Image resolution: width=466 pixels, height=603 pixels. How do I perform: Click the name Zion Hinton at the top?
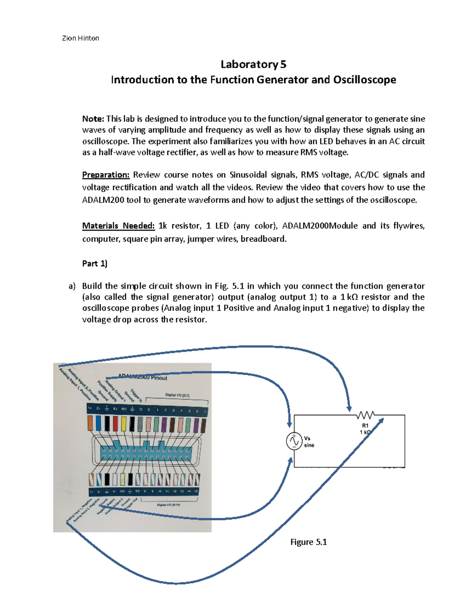(x=80, y=38)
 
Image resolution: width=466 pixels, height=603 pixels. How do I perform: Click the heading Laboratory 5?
(x=253, y=64)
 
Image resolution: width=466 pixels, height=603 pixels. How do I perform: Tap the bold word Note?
(x=93, y=119)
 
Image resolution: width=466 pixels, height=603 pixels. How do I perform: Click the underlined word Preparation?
(x=106, y=175)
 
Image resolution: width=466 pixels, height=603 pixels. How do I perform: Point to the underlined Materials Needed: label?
(x=118, y=226)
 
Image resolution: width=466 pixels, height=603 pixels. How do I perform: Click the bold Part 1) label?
(x=94, y=263)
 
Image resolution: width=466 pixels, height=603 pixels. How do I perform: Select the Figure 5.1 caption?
(x=308, y=542)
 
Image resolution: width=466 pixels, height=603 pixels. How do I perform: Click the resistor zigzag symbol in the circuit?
(x=365, y=415)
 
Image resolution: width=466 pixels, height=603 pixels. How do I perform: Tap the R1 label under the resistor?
(x=365, y=426)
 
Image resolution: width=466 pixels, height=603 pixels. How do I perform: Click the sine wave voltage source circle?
(x=294, y=441)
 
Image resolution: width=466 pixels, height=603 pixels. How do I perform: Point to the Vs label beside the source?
(x=307, y=438)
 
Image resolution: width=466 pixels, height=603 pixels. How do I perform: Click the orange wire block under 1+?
(x=90, y=423)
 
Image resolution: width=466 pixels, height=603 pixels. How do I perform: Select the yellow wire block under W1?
(x=123, y=423)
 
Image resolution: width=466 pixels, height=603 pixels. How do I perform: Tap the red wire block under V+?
(x=115, y=423)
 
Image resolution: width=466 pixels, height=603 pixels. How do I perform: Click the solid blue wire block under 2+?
(x=99, y=423)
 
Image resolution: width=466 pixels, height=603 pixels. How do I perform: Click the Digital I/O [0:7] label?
(x=177, y=395)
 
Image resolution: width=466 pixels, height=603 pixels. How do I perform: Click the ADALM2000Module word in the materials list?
(x=320, y=226)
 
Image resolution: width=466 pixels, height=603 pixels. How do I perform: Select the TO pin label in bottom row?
(x=137, y=491)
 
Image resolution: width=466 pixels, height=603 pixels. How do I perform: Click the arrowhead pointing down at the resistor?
(x=349, y=408)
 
